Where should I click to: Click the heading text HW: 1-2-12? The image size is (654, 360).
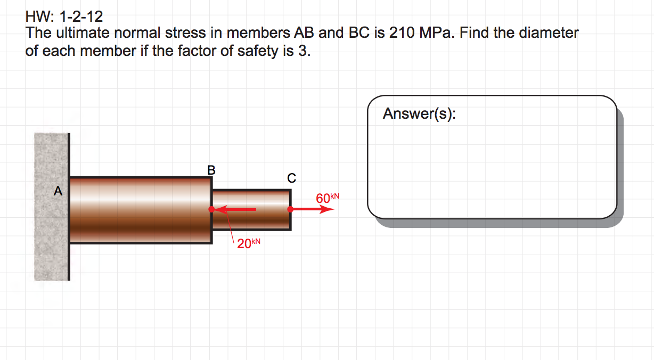(64, 19)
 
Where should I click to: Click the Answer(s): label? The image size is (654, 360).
(419, 113)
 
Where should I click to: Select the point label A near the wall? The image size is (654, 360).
(58, 191)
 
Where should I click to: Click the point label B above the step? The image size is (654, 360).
(211, 170)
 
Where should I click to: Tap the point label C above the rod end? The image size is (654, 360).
(291, 177)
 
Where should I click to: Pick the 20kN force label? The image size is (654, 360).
(249, 244)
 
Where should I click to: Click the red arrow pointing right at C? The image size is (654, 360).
(314, 209)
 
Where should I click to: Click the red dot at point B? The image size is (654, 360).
(212, 209)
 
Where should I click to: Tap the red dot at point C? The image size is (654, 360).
(291, 209)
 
